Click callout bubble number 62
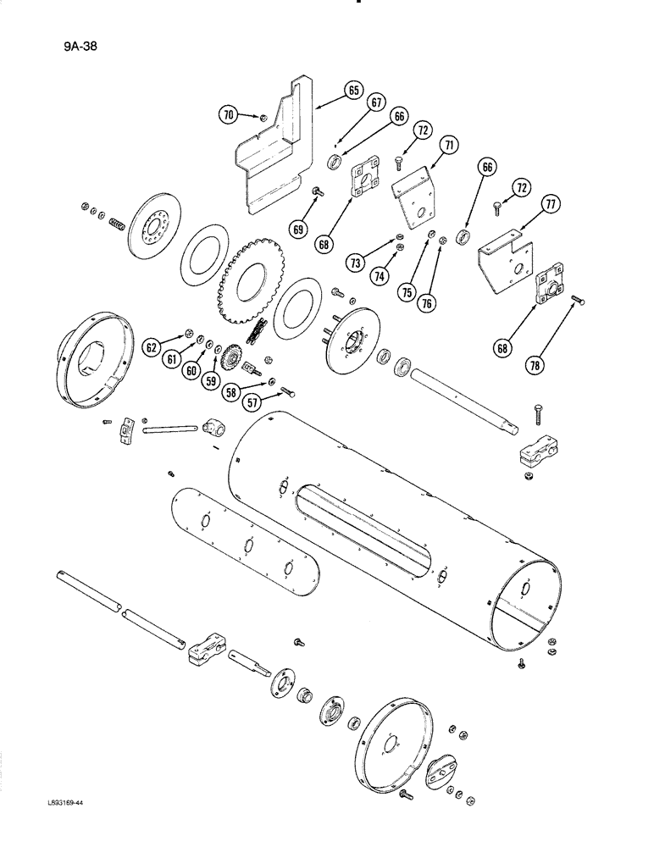tap(152, 346)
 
